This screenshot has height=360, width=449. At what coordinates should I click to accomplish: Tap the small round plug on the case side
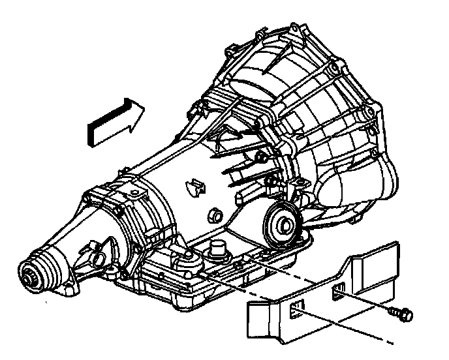tap(211, 215)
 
